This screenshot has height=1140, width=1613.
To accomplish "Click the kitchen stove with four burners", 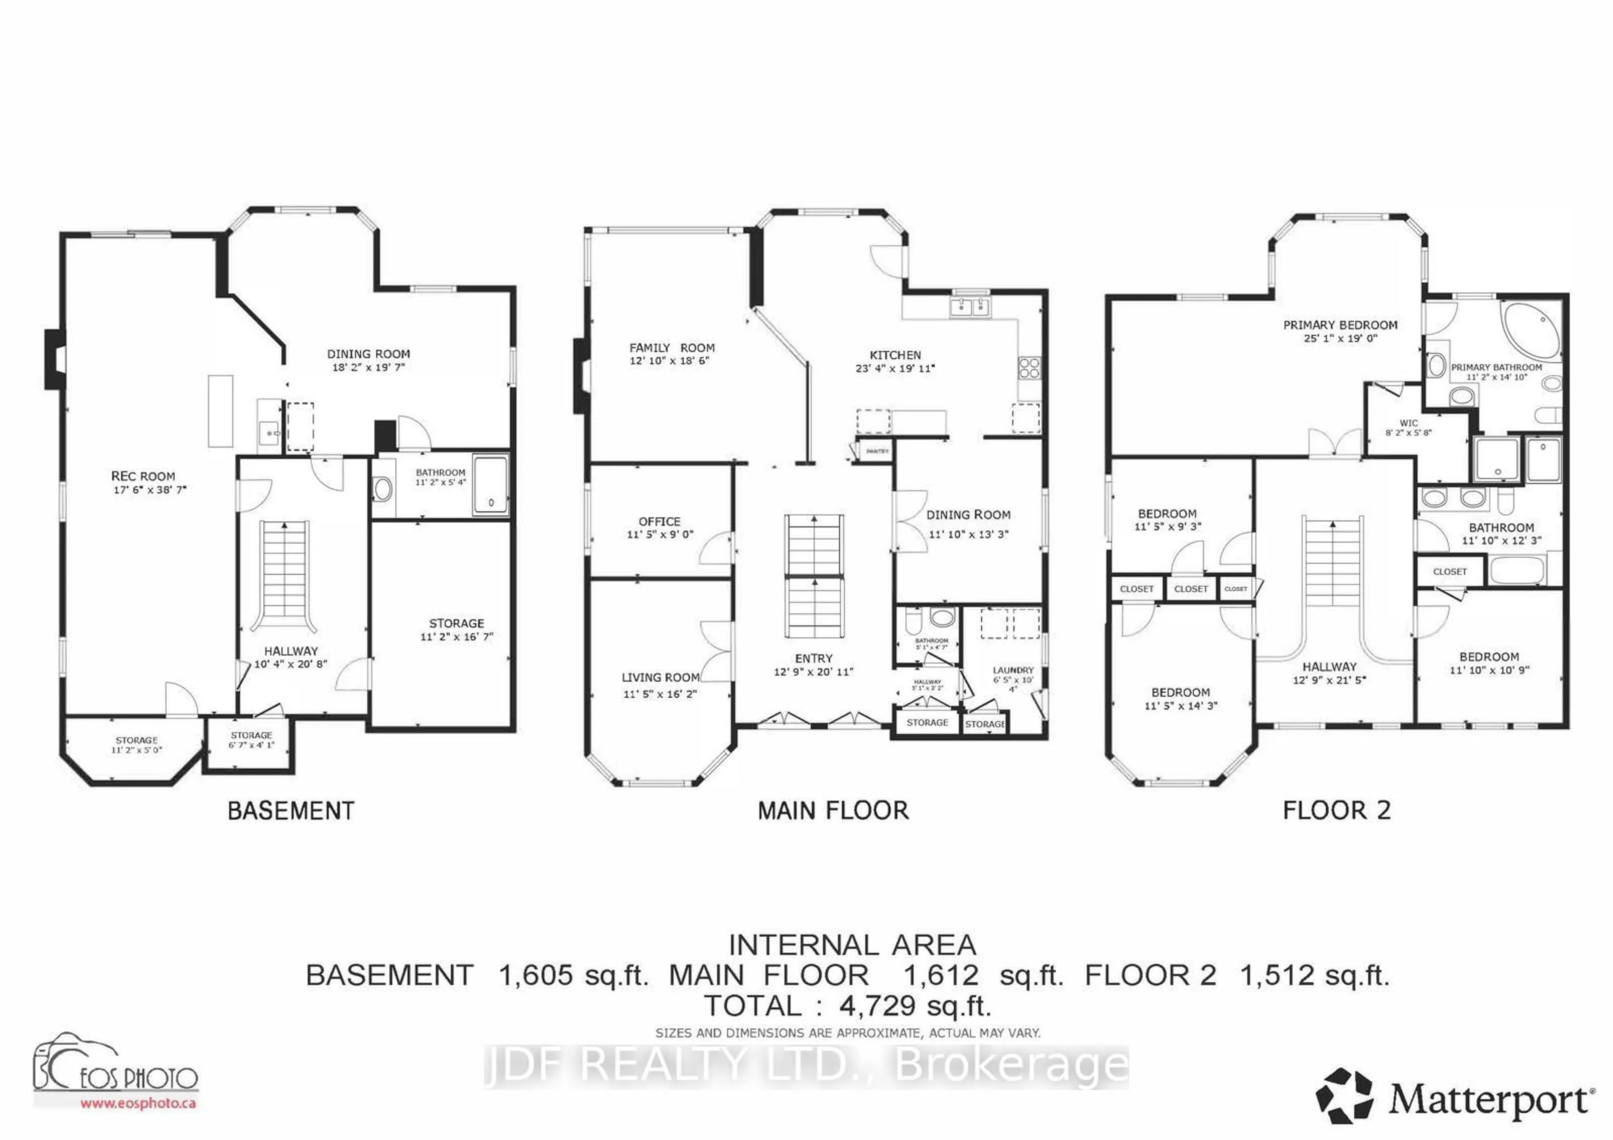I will pyautogui.click(x=1029, y=368).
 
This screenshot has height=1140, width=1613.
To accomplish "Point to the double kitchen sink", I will pyautogui.click(x=970, y=307).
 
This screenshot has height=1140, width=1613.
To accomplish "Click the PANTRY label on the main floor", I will pyautogui.click(x=877, y=451).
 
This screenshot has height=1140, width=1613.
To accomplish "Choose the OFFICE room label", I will pyautogui.click(x=659, y=521).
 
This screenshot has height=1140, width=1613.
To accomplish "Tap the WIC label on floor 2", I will pyautogui.click(x=1408, y=423).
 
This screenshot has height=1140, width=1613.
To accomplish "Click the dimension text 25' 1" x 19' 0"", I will pyautogui.click(x=1340, y=338).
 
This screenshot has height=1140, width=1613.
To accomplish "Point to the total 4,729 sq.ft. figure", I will pyautogui.click(x=915, y=1006).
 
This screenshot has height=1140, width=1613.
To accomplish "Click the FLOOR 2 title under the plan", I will pyautogui.click(x=1336, y=811).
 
